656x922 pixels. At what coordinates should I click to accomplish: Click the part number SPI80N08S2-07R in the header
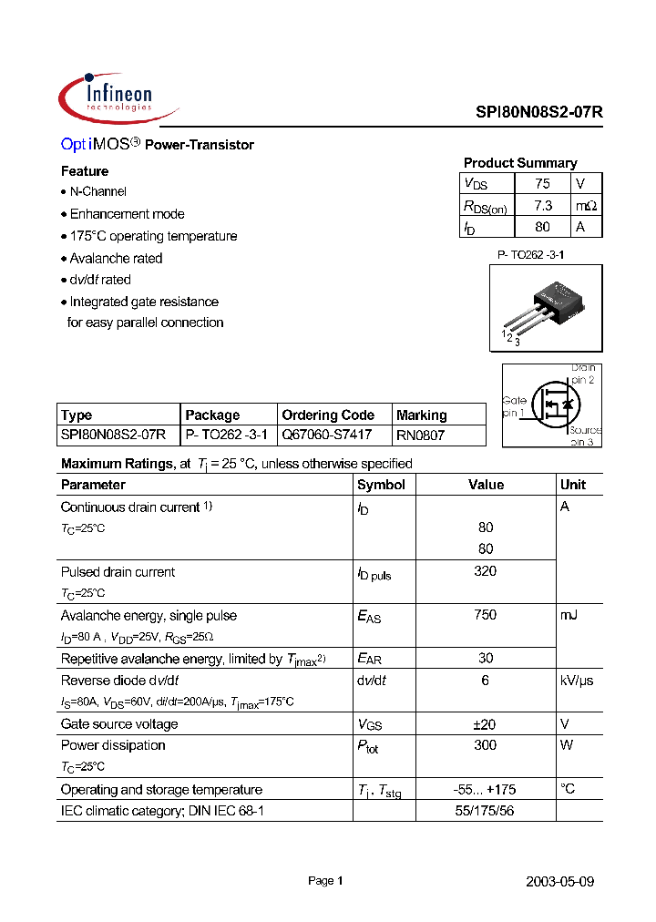pos(539,112)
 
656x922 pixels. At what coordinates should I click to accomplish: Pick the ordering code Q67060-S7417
pos(327,435)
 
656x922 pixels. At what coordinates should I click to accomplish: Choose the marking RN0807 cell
pos(421,435)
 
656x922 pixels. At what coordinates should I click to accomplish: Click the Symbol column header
pos(381,485)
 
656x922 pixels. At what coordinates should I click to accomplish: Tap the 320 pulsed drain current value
pos(486,571)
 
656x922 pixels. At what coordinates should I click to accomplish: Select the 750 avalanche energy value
pos(486,615)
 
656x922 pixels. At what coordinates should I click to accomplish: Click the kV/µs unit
pos(576,681)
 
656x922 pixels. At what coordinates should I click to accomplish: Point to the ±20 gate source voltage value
pos(486,724)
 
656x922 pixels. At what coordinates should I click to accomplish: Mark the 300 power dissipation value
pos(486,745)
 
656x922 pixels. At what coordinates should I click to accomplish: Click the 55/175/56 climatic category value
pos(486,811)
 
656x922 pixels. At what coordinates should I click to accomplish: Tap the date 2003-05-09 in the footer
pos(560,881)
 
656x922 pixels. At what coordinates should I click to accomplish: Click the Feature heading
pos(85,171)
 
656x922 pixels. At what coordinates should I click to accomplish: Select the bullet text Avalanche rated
pos(116,258)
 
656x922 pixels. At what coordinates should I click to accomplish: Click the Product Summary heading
pos(520,163)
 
